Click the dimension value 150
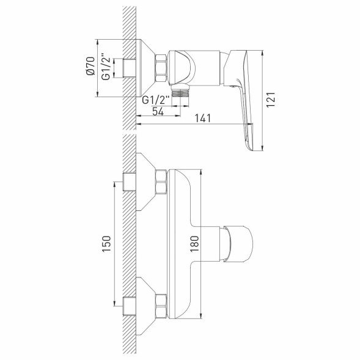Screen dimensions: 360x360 (x=106, y=243)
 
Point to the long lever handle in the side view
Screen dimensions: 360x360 (x=248, y=98)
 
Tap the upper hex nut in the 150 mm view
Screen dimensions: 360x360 (x=161, y=183)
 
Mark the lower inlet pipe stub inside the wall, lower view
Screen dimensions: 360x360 (x=129, y=304)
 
